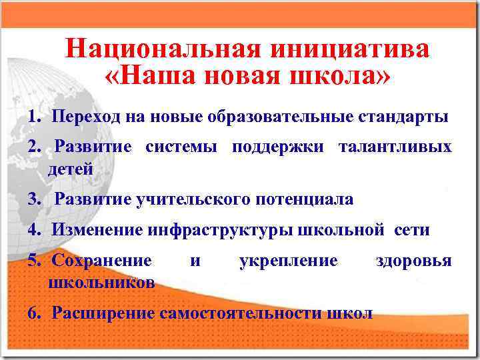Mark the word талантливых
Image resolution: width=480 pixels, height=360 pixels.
pyautogui.click(x=395, y=146)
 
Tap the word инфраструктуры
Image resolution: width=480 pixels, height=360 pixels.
pyautogui.click(x=220, y=231)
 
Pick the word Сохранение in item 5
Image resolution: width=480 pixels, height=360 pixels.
pyautogui.click(x=101, y=260)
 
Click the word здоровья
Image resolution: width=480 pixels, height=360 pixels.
pyautogui.click(x=413, y=260)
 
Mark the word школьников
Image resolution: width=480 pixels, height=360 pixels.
pyautogui.click(x=101, y=283)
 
